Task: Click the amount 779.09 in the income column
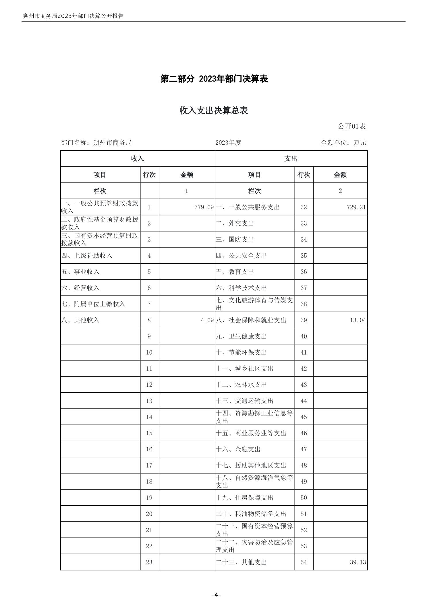[204, 207]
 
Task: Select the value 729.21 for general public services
[356, 207]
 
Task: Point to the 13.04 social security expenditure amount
[358, 320]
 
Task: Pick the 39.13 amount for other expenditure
[358, 562]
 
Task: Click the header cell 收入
[137, 159]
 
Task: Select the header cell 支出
[291, 159]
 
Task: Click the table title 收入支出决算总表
[213, 111]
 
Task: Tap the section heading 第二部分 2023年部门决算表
[214, 79]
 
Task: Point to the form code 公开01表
[351, 126]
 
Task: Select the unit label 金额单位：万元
[343, 143]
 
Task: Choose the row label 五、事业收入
[80, 272]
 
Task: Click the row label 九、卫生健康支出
[241, 336]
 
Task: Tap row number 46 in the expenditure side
[304, 433]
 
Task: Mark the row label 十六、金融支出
[238, 449]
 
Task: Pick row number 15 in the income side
[149, 433]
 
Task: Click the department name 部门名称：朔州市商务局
[96, 143]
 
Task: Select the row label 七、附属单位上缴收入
[93, 304]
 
